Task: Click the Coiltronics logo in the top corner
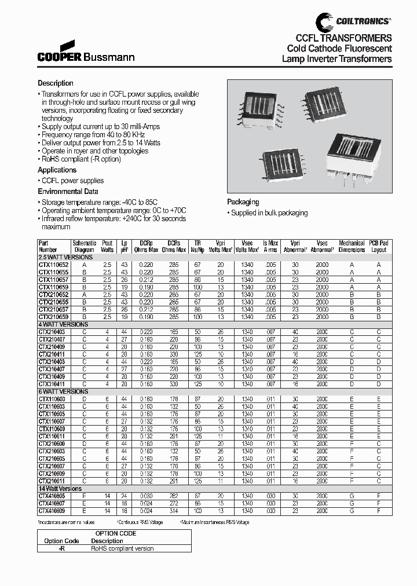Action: coord(353,21)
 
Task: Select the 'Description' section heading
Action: coord(56,83)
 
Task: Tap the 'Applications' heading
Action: coord(57,170)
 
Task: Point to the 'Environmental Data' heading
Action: coord(68,192)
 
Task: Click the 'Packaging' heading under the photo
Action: coord(243,202)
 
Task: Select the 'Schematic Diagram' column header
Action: coord(85,246)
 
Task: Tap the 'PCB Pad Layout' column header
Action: coord(379,246)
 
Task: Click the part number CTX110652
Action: coord(53,263)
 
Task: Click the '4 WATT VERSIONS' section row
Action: coord(63,325)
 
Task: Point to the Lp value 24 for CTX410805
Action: coord(123,496)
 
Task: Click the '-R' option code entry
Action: coord(62,548)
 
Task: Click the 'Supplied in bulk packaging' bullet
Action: coord(269,213)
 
